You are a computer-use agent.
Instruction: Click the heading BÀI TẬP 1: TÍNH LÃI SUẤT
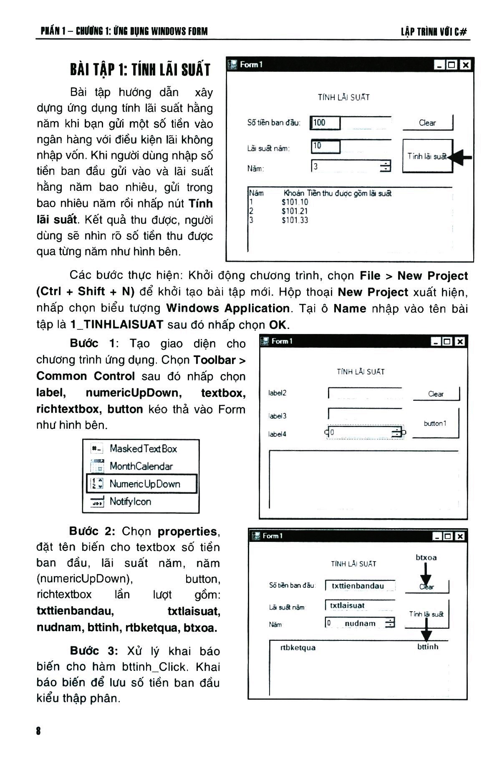tap(140, 70)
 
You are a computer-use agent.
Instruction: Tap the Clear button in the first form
tap(427, 123)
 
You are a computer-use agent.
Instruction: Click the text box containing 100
tap(325, 123)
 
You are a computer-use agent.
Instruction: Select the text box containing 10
tap(325, 146)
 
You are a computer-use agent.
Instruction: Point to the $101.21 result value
tap(295, 211)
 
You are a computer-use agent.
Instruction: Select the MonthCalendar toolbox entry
tap(141, 466)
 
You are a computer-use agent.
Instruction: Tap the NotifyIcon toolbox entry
tap(130, 501)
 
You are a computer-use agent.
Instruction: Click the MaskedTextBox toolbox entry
tap(143, 449)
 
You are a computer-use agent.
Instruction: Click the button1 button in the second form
tap(435, 423)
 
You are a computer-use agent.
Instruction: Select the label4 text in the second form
tap(278, 434)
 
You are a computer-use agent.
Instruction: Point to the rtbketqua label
tap(298, 648)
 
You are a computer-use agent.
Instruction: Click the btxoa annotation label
tap(426, 557)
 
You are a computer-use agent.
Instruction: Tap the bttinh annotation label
tap(428, 647)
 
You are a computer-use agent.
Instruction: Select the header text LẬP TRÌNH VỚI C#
tap(434, 32)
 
